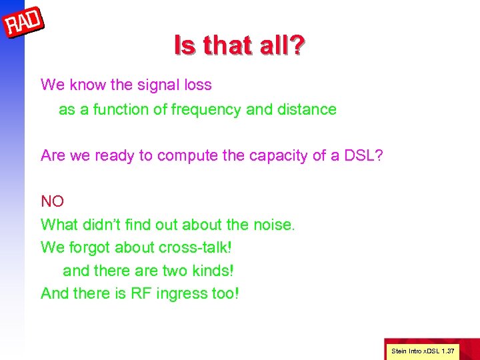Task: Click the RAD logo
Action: click(x=24, y=25)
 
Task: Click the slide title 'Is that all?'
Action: click(x=239, y=45)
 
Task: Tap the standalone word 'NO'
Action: click(x=52, y=201)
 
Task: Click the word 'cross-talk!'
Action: click(x=195, y=247)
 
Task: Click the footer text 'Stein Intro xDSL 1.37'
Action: click(x=423, y=350)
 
